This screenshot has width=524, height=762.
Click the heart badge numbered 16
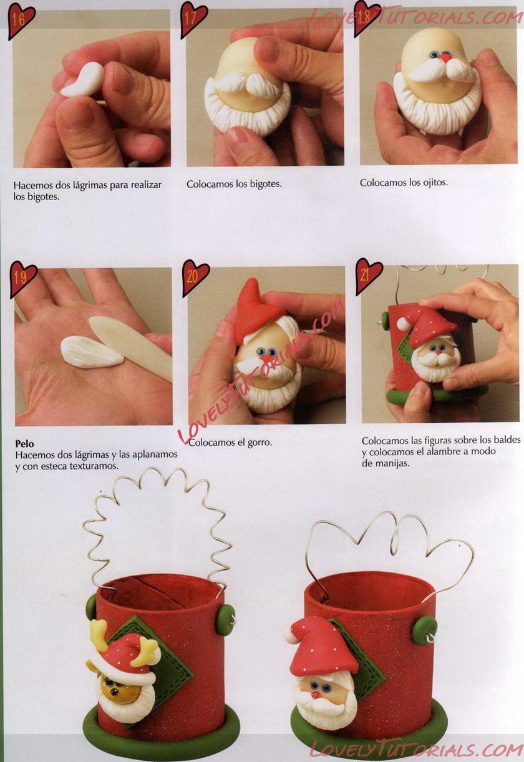pos(21,21)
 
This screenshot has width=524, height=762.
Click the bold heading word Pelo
pos(24,443)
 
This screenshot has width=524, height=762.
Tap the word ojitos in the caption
pos(435,183)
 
